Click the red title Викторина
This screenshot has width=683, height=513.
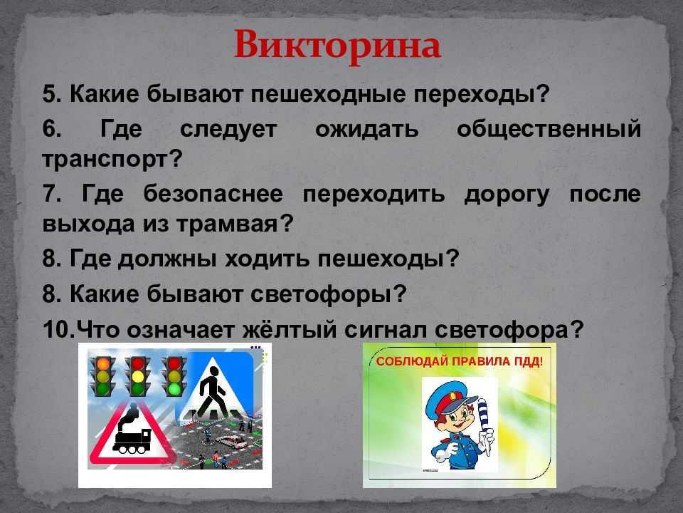coord(337,46)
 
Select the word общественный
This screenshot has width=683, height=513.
coord(549,130)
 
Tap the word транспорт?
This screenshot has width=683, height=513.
coord(112,160)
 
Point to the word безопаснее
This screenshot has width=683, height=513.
coord(213,193)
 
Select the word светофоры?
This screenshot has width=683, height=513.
coord(329,294)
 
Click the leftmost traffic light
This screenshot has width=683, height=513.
coord(102,376)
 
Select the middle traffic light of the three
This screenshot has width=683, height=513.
coord(137,376)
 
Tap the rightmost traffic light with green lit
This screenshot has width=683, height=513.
coord(174,376)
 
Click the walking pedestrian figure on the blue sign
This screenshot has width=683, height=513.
coord(212,392)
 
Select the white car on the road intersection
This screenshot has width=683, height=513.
coord(231,442)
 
